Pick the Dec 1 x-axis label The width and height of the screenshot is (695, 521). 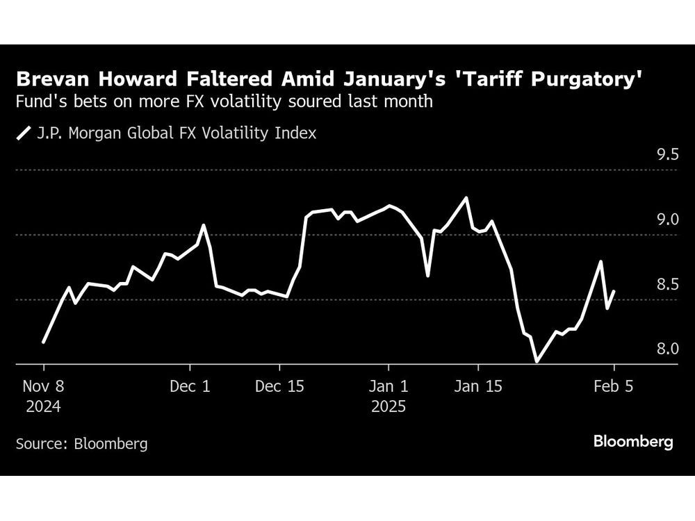[190, 387]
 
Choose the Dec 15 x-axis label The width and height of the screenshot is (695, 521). [279, 387]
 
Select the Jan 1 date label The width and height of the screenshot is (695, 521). [389, 387]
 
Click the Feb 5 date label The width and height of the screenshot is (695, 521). [614, 387]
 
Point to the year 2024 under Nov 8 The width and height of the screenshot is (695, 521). [43, 406]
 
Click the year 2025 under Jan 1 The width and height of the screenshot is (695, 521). [389, 406]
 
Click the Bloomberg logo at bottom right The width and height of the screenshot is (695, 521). [632, 442]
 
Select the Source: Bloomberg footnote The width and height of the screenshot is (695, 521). [81, 443]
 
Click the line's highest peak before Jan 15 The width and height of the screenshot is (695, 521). [466, 197]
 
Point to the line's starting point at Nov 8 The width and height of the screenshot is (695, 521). [43, 342]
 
